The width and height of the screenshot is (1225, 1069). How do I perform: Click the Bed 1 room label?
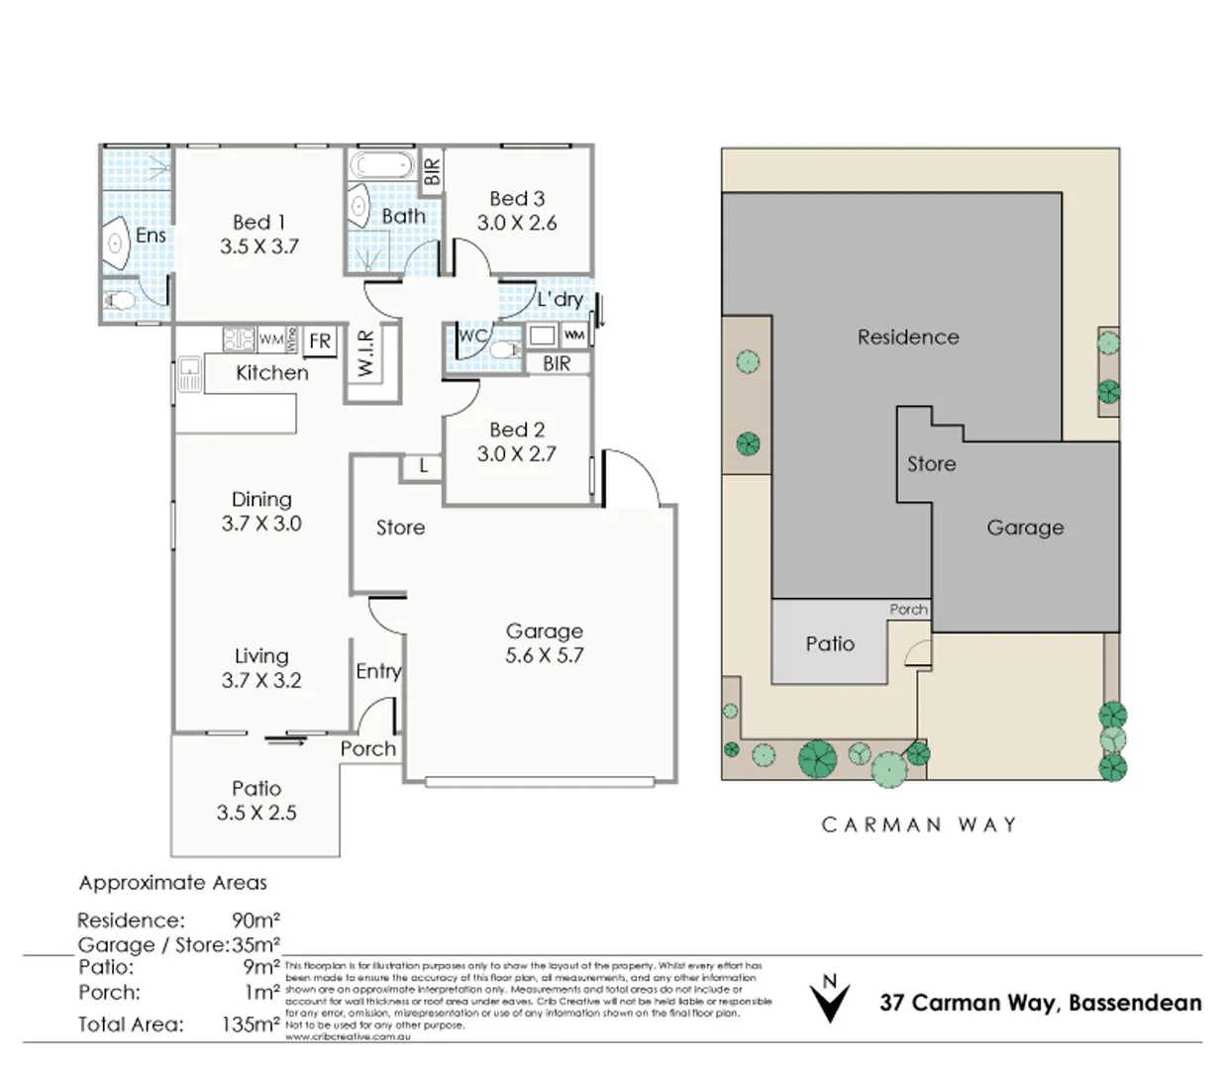[258, 223]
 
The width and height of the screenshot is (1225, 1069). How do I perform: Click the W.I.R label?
[365, 353]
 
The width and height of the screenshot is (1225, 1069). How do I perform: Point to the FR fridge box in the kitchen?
[320, 341]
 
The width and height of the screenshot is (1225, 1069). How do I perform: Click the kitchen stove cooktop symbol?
[239, 340]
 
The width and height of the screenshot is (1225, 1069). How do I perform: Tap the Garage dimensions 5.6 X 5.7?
[544, 655]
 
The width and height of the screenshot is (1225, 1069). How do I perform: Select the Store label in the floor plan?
[400, 528]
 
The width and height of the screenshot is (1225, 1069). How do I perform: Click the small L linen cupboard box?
[423, 466]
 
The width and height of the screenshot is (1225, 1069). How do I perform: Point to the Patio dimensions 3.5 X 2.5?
[256, 813]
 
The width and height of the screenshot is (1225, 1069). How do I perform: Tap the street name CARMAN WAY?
[919, 825]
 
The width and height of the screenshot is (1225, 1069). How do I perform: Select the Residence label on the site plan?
[908, 338]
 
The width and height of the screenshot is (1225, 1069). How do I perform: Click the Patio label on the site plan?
[830, 644]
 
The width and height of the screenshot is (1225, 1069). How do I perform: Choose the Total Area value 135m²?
[251, 1024]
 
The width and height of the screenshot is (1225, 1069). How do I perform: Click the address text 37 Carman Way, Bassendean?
[1040, 1003]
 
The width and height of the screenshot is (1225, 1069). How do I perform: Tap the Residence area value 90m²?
[255, 921]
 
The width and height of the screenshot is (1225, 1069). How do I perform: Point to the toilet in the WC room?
[505, 350]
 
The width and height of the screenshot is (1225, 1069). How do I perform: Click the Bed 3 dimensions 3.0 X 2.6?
[517, 224]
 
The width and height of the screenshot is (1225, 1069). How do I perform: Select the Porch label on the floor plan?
[367, 749]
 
